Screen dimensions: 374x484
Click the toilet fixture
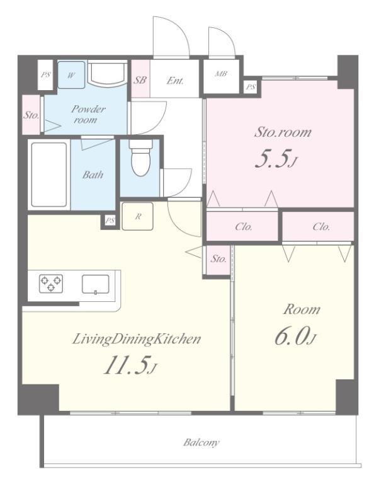(x=140, y=158)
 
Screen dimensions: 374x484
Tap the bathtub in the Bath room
(x=49, y=175)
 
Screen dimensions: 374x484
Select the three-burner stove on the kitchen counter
(x=51, y=284)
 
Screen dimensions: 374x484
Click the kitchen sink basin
(x=95, y=284)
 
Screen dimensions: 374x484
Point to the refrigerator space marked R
(x=137, y=216)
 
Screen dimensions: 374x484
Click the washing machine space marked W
(x=71, y=75)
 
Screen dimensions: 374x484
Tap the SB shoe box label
(x=140, y=80)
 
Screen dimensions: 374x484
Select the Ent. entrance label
(x=175, y=81)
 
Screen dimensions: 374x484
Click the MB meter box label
(x=221, y=74)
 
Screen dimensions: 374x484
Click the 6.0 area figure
(x=295, y=337)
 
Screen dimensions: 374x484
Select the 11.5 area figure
(x=130, y=365)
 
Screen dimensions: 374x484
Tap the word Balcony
(x=201, y=442)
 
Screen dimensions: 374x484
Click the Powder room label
(x=88, y=114)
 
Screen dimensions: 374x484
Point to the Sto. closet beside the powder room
(x=31, y=115)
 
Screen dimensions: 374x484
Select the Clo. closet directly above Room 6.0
(x=318, y=227)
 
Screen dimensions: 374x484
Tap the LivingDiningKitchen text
(x=136, y=340)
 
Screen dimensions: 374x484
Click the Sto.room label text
(x=283, y=132)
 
